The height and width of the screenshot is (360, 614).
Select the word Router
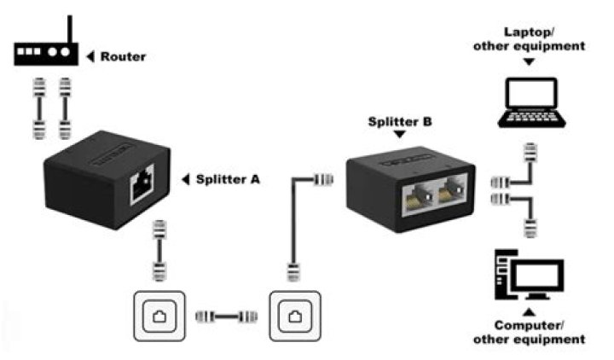(x=124, y=57)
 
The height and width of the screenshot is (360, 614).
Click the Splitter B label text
(x=400, y=122)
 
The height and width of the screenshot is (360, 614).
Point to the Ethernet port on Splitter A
(x=142, y=189)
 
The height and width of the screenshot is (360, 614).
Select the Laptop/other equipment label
(x=530, y=39)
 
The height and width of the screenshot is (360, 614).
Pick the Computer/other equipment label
(x=530, y=332)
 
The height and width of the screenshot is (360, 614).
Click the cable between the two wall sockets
(x=227, y=317)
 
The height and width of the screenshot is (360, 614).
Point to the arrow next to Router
(x=90, y=57)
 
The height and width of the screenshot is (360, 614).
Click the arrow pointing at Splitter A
(x=186, y=179)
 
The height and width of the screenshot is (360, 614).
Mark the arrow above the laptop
(x=529, y=61)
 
